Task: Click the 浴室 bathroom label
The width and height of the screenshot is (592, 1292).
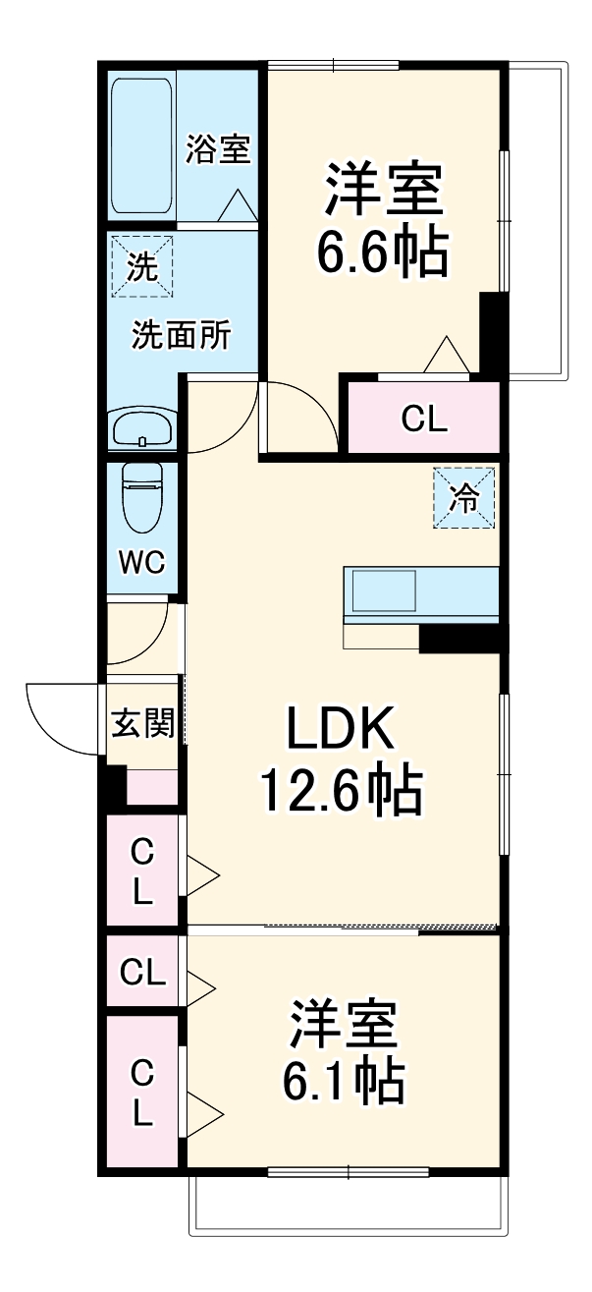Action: (219, 150)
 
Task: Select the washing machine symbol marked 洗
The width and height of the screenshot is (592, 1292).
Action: (142, 266)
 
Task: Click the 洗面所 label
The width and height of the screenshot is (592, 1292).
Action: (182, 336)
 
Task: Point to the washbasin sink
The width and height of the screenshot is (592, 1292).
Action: (143, 428)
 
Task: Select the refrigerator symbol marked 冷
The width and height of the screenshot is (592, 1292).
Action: (463, 498)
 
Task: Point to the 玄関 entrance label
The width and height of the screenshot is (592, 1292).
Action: (143, 725)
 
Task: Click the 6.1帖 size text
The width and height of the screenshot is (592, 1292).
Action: (343, 1081)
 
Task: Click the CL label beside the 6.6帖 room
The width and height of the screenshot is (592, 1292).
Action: (424, 420)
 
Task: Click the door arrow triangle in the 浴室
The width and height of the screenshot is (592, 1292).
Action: (238, 206)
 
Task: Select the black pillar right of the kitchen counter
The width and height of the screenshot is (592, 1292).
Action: (461, 639)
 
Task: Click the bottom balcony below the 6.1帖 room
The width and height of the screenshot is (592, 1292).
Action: (350, 1204)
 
